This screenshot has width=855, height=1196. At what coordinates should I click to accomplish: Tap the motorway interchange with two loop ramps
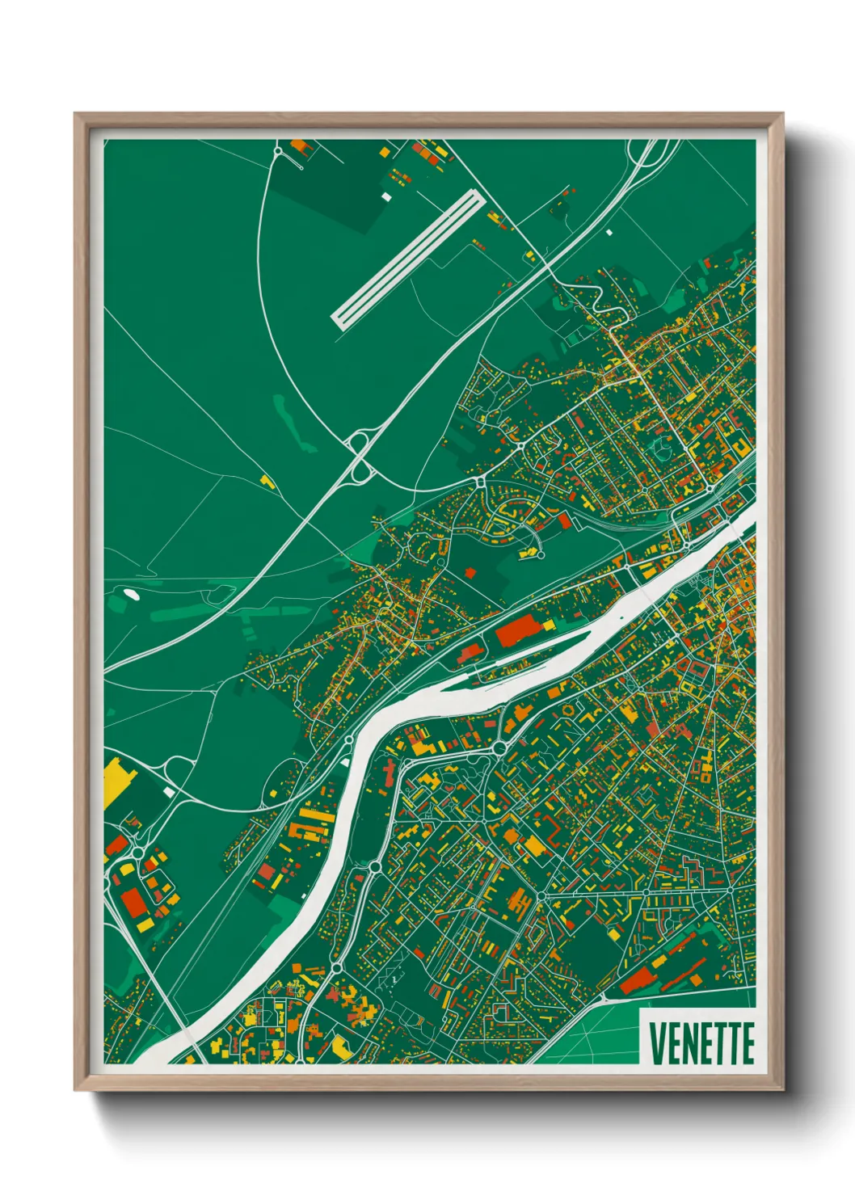(359, 457)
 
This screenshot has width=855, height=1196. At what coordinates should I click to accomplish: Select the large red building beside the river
(521, 632)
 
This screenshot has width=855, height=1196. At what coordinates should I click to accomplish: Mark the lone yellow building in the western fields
(267, 482)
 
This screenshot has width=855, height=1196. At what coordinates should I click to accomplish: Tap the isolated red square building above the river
(471, 572)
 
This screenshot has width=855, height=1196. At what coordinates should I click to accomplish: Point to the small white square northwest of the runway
(385, 196)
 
